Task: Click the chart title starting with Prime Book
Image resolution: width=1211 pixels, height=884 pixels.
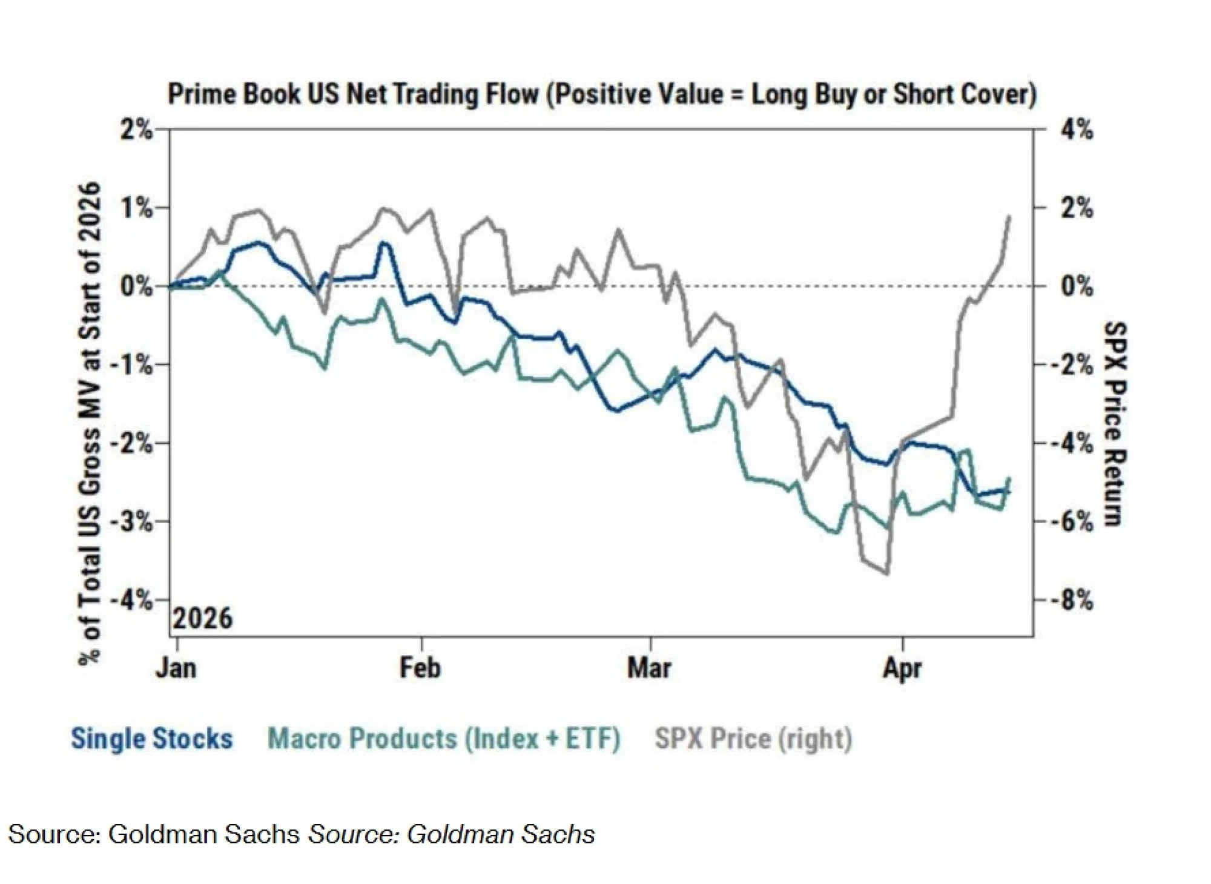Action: coord(602,94)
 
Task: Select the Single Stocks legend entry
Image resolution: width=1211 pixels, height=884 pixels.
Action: coord(152,739)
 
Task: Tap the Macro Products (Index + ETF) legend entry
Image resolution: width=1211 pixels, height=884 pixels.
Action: coord(444,739)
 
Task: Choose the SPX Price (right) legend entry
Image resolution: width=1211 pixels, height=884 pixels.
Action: coord(753,739)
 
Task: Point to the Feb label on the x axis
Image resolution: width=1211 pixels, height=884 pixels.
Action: coord(420,668)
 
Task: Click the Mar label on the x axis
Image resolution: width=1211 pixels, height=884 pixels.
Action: coord(649,668)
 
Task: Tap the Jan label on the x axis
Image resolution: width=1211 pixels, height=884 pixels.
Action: coord(176,668)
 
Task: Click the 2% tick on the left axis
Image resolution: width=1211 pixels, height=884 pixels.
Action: coord(136,130)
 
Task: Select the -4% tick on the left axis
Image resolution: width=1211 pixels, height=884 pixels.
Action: coord(131,600)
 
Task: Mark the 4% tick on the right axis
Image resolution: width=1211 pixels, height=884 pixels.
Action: coord(1077,130)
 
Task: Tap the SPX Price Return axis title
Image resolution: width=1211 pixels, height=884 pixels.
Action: coord(1115,424)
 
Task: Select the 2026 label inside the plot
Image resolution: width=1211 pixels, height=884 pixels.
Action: coord(203,619)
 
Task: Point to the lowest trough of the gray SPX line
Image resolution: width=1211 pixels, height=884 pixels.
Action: coord(887,573)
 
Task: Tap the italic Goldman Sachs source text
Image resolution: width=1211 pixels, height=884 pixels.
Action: coord(452,834)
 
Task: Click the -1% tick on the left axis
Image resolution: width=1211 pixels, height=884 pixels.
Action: coord(131,365)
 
